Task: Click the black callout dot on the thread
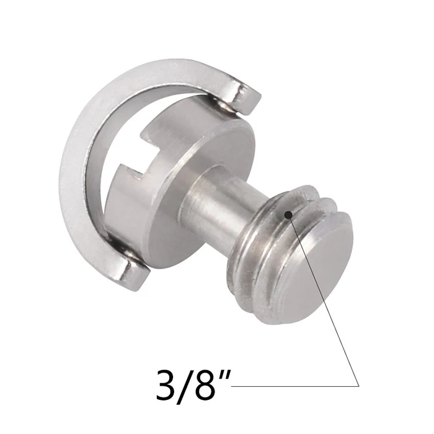(x=288, y=215)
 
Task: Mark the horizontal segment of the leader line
(x=291, y=386)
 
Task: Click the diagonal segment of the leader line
(x=322, y=298)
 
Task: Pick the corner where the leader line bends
(x=359, y=386)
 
